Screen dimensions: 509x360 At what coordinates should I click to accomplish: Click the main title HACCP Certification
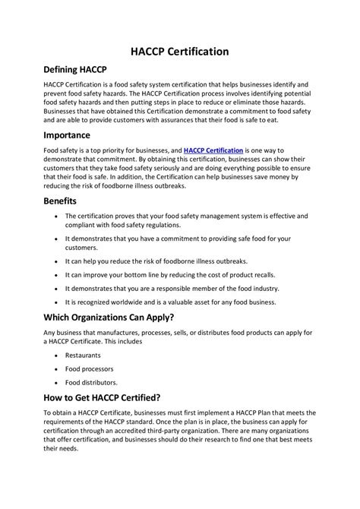180,52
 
